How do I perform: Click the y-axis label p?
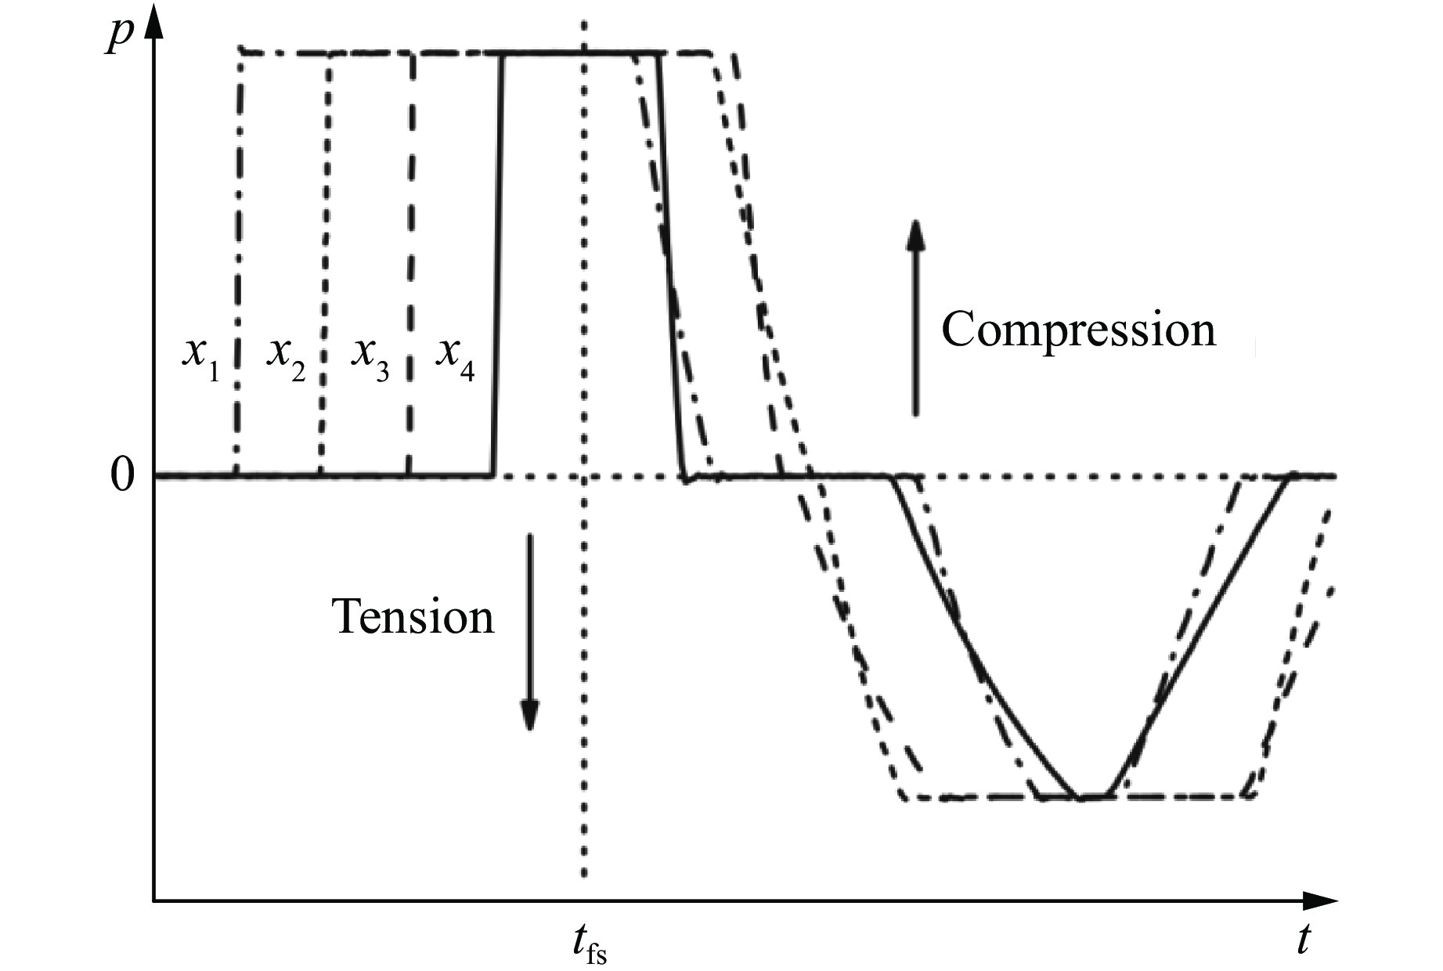[x=118, y=36]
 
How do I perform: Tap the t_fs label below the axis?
[x=587, y=944]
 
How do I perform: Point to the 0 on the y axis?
[x=122, y=475]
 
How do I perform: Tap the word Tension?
[x=414, y=616]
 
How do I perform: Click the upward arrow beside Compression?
[x=915, y=316]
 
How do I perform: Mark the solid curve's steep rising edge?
[x=497, y=264]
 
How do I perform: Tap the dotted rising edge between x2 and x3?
[x=324, y=264]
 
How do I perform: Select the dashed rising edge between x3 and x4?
[x=411, y=264]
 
